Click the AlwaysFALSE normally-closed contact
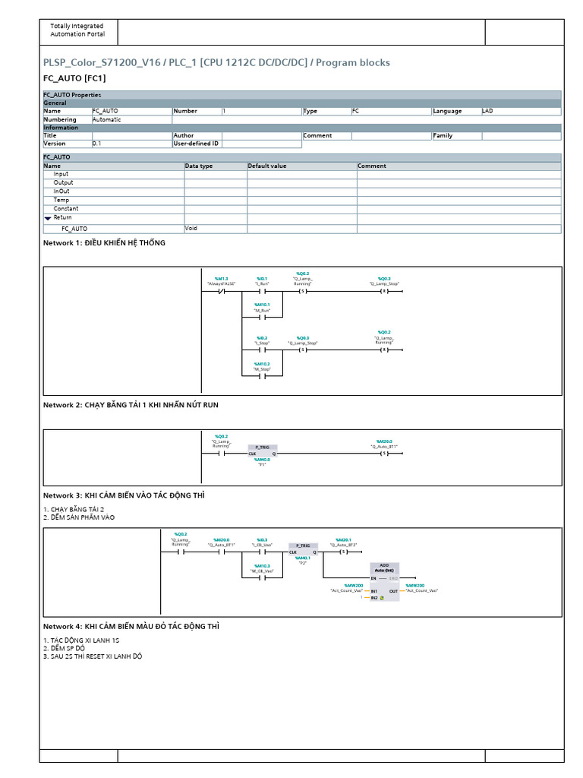[222, 291]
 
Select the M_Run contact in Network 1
[262, 317]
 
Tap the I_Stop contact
[262, 349]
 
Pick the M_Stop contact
[262, 375]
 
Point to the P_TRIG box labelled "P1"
[262, 451]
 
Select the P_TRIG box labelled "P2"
[304, 549]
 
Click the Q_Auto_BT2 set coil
[344, 552]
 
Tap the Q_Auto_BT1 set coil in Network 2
[384, 454]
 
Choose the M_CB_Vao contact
[262, 578]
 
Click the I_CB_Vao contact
[262, 552]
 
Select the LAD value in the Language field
[487, 111]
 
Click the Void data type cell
[191, 228]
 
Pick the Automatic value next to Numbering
[106, 119]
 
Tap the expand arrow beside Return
[48, 218]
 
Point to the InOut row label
[61, 191]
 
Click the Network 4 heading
[131, 626]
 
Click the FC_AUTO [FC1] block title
[74, 78]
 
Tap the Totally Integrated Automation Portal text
[77, 30]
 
